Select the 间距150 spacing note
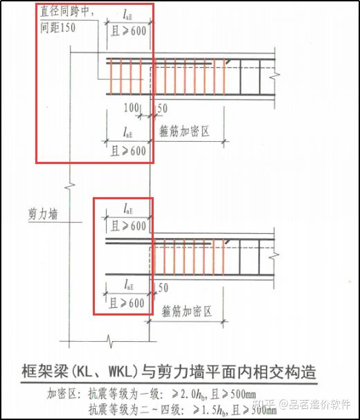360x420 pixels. tap(58, 27)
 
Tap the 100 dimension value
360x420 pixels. tap(132, 109)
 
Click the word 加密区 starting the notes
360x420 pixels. tap(64, 393)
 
